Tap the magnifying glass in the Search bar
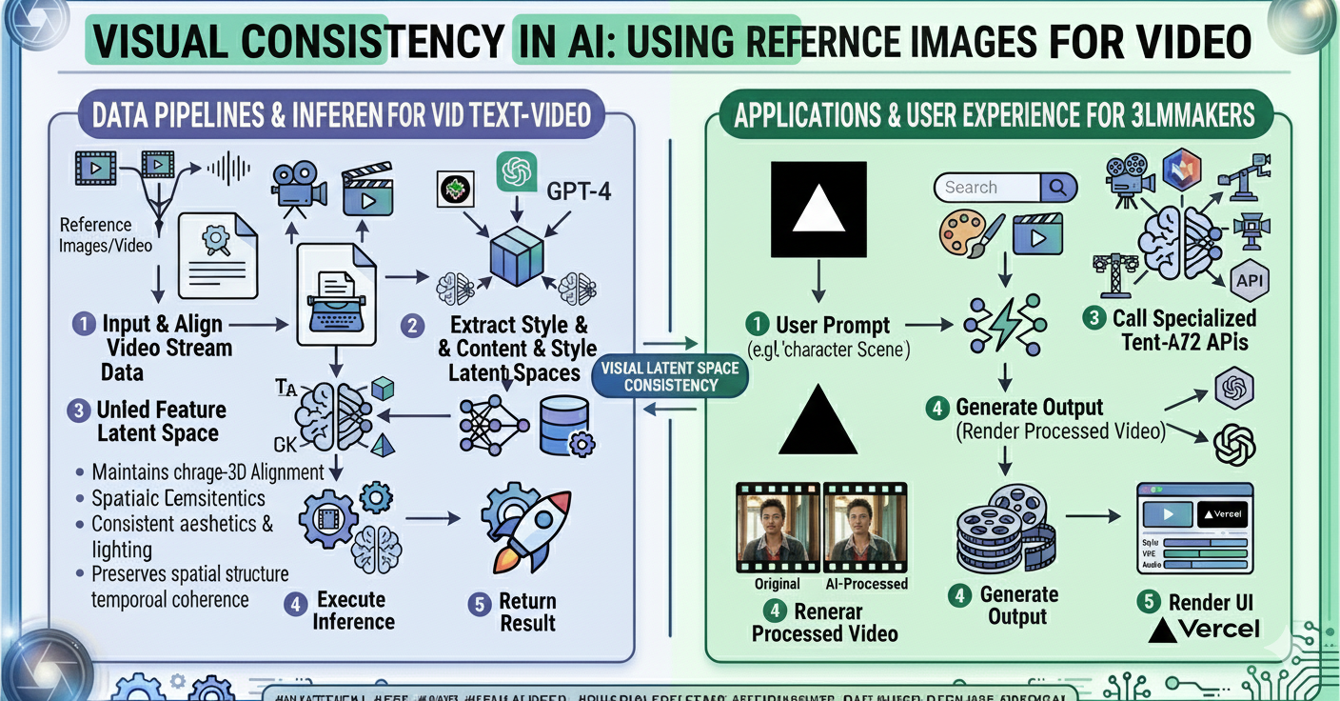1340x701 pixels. pos(1057,188)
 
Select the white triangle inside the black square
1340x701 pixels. pos(818,209)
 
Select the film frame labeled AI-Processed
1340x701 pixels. pos(864,527)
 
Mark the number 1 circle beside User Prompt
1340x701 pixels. pos(759,325)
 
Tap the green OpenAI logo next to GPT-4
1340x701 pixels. pos(517,171)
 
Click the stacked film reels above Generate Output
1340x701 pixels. pos(1000,534)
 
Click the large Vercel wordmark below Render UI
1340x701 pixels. pos(1206,630)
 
